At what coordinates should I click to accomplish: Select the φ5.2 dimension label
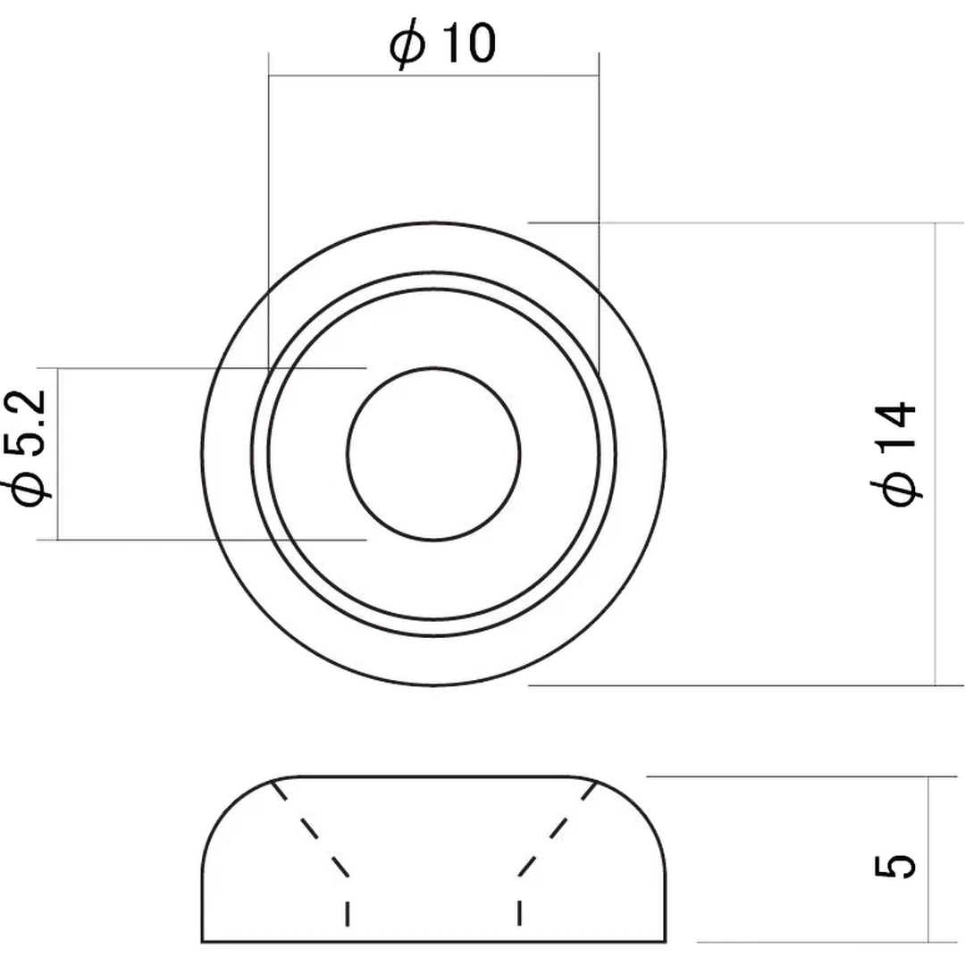pyautogui.click(x=27, y=448)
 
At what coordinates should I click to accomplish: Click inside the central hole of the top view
pyautogui.click(x=433, y=454)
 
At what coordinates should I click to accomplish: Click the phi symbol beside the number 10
pyautogui.click(x=407, y=45)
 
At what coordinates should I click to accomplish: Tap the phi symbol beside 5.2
pyautogui.click(x=27, y=490)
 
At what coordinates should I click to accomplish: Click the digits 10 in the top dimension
pyautogui.click(x=469, y=43)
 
